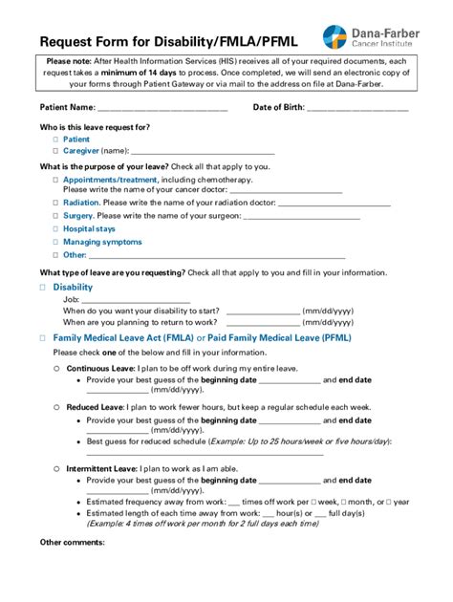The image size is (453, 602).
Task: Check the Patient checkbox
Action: click(x=55, y=140)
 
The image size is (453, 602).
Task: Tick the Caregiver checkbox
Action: click(x=55, y=151)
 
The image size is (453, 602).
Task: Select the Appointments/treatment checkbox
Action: click(x=55, y=180)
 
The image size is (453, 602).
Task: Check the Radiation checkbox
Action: click(x=55, y=204)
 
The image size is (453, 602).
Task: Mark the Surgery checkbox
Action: click(x=55, y=216)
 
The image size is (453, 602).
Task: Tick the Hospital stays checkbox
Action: click(x=55, y=229)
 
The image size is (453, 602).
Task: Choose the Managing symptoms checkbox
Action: click(x=55, y=243)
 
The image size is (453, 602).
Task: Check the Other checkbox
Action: click(x=55, y=255)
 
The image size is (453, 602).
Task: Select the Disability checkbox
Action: click(x=43, y=287)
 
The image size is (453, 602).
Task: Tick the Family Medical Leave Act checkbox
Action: click(x=43, y=338)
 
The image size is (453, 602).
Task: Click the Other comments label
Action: click(x=72, y=543)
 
